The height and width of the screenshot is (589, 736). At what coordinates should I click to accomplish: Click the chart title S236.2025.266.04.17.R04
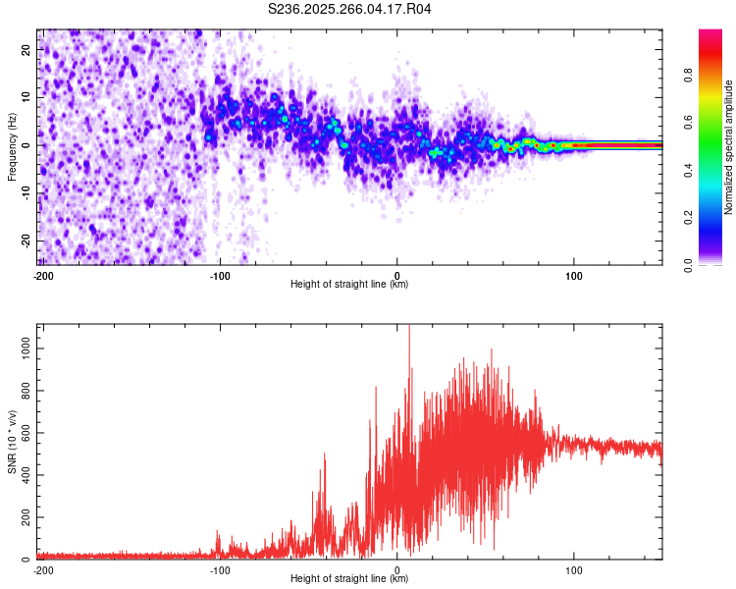(350, 9)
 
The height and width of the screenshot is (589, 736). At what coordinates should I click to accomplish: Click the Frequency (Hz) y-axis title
(12, 147)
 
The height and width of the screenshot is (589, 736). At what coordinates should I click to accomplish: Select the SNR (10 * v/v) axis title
(12, 442)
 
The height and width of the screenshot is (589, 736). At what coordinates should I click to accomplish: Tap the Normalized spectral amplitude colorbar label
(728, 147)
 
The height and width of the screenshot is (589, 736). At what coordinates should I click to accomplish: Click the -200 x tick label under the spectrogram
(43, 275)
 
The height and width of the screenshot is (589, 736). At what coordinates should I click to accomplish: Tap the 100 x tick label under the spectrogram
(574, 275)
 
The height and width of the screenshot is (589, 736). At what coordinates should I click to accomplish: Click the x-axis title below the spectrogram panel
(350, 285)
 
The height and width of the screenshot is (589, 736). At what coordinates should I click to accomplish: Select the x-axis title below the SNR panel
(350, 579)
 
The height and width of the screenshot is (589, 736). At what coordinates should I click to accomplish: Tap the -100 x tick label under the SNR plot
(220, 569)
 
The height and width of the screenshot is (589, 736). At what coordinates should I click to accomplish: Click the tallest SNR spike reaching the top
(409, 329)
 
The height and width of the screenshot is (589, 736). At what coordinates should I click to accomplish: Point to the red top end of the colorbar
(710, 34)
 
